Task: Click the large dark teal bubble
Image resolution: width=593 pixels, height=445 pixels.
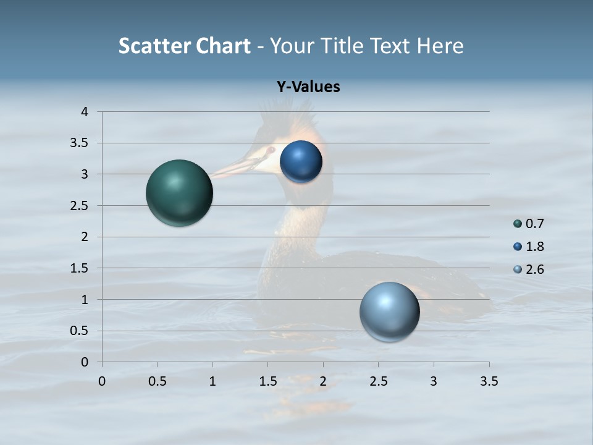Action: coord(179,193)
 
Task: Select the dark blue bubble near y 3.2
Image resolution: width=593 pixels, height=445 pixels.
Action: coord(301,162)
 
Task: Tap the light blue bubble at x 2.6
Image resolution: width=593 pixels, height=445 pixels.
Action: coord(389,311)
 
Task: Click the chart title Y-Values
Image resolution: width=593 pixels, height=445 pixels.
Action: coord(308,87)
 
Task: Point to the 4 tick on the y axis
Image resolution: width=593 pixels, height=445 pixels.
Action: coord(85,112)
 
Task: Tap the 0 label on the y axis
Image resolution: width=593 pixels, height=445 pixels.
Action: coord(85,362)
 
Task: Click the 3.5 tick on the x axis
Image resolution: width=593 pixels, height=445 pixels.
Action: coord(489,381)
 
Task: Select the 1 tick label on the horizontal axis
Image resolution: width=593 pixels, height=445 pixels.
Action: coord(212,381)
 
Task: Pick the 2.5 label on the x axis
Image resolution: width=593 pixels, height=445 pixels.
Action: coord(378,381)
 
